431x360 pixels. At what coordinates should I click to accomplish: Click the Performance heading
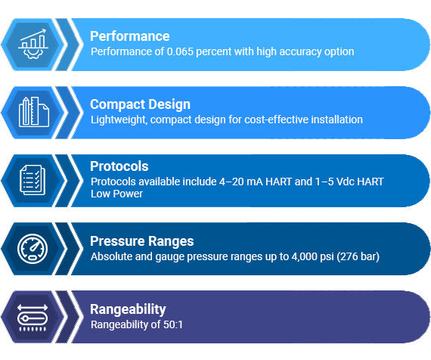pos(129,36)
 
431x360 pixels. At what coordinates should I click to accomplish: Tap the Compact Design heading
pos(140,104)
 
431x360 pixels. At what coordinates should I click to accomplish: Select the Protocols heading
pos(119,166)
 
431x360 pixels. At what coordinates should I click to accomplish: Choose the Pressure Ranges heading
pos(141,241)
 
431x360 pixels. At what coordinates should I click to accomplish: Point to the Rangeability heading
pos(128,309)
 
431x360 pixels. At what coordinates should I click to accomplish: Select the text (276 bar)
pos(355,256)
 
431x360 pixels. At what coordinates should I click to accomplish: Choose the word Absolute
pos(110,256)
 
